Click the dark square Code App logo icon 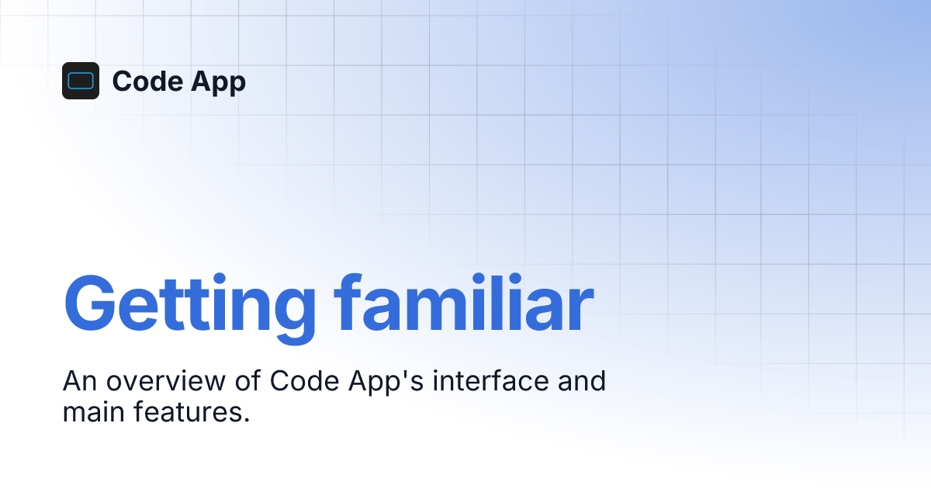coord(81,81)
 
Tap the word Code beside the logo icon coord(141,81)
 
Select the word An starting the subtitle coord(79,382)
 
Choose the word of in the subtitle coord(246,382)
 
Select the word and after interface coord(582,382)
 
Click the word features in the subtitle coord(189,412)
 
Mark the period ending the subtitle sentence coord(247,420)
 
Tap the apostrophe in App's coord(406,375)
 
